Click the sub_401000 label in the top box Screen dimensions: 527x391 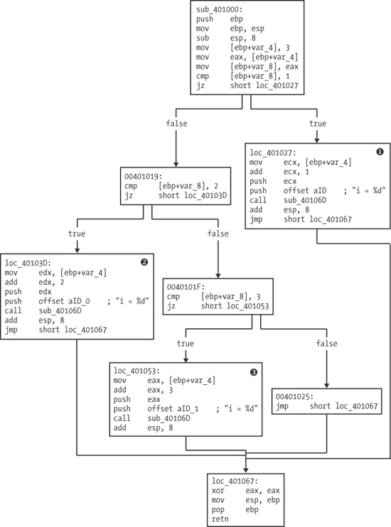tap(218, 9)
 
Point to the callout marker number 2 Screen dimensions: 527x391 tap(144, 262)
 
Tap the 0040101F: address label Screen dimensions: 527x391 tap(188, 286)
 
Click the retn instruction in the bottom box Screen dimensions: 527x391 tap(220, 519)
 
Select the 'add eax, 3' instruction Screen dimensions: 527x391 tap(143, 391)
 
